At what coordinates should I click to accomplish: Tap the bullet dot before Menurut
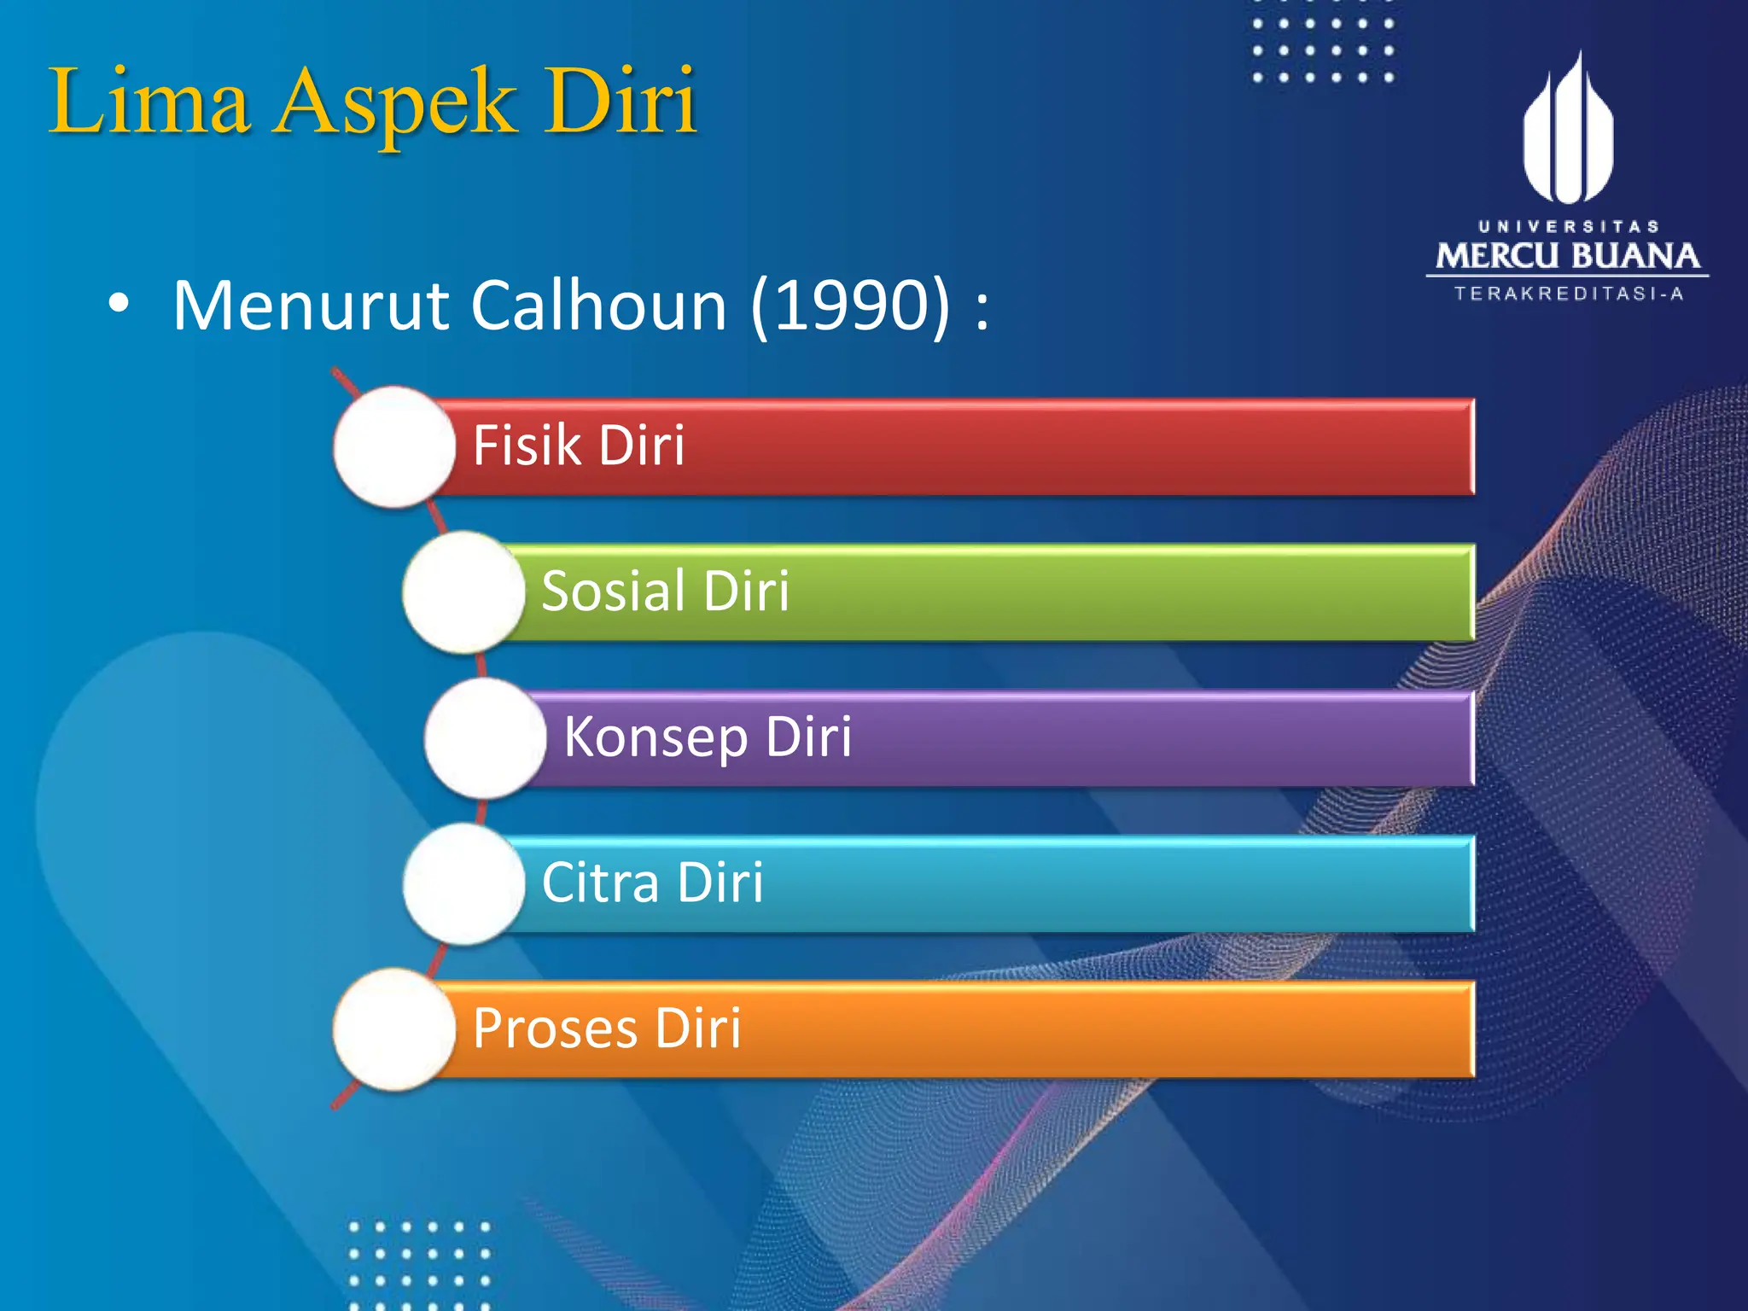click(x=119, y=303)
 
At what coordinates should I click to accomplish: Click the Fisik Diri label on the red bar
click(x=579, y=446)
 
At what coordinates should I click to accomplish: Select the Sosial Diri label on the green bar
click(x=666, y=591)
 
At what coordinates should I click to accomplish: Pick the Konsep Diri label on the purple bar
click(x=708, y=737)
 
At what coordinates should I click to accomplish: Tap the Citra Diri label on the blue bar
click(x=652, y=882)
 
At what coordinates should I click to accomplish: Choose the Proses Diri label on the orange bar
click(x=607, y=1028)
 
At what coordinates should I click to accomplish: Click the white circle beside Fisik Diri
click(x=393, y=446)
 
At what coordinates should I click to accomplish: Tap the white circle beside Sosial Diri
click(x=463, y=591)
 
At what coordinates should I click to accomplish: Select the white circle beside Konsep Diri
click(x=485, y=737)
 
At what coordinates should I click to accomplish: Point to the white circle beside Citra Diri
click(x=463, y=883)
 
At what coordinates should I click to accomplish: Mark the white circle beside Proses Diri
click(x=393, y=1029)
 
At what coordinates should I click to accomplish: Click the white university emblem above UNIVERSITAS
click(x=1568, y=132)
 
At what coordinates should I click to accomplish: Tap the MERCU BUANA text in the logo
click(x=1567, y=256)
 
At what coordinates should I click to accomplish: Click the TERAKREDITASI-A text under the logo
click(x=1569, y=294)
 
